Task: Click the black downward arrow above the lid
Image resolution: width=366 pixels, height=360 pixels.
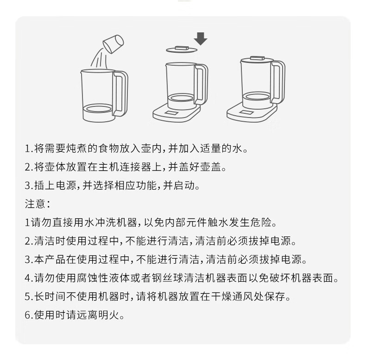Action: tap(201, 39)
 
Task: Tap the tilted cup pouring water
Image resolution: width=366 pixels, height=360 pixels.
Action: tap(113, 44)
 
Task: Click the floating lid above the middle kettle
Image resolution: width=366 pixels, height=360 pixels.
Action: tap(182, 50)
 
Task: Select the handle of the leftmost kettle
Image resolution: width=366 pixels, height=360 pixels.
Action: tap(120, 93)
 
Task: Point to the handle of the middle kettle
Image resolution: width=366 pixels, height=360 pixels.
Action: tap(201, 84)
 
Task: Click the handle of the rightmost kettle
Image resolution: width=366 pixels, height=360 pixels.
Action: tap(278, 82)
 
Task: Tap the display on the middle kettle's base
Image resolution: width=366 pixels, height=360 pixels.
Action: tap(171, 113)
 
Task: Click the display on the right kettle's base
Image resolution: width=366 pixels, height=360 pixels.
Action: tap(246, 112)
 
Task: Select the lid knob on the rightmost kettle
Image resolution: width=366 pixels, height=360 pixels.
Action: tap(257, 58)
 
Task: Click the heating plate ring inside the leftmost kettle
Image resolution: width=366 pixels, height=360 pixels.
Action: tap(99, 109)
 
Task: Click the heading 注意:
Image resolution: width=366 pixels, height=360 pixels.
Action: tap(38, 204)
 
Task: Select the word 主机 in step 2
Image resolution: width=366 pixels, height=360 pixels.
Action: tap(108, 167)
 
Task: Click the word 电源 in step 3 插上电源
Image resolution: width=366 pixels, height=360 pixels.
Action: tap(66, 186)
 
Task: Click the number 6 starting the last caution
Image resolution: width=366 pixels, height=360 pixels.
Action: tap(27, 316)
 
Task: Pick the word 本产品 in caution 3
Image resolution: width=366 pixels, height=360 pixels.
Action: tap(50, 260)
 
